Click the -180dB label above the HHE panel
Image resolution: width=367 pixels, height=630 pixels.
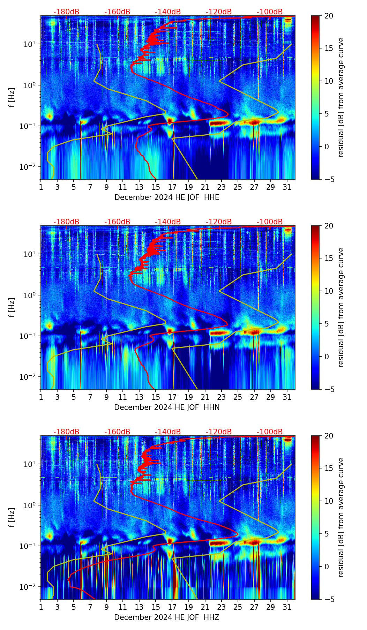pos(66,12)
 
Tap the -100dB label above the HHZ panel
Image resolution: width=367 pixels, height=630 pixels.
pos(270,432)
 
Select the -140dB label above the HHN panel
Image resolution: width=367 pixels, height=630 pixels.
pos(168,222)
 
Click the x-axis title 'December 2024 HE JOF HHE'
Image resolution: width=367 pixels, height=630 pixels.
pos(167,197)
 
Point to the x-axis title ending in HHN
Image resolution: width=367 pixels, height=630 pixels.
pos(167,407)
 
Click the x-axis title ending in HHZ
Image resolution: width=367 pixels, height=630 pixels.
pos(167,617)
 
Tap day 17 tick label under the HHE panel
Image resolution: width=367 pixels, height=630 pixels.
pos(172,187)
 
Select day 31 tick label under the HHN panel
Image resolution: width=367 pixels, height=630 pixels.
pos(287,397)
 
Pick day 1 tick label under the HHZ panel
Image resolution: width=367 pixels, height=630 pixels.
pos(41,607)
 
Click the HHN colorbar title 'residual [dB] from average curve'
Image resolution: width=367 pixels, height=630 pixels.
pos(341,307)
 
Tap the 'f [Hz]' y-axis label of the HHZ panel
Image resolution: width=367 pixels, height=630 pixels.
pos(12,517)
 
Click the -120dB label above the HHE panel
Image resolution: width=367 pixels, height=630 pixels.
pos(219,12)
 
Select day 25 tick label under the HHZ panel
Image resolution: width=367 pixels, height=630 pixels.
pos(238,607)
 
